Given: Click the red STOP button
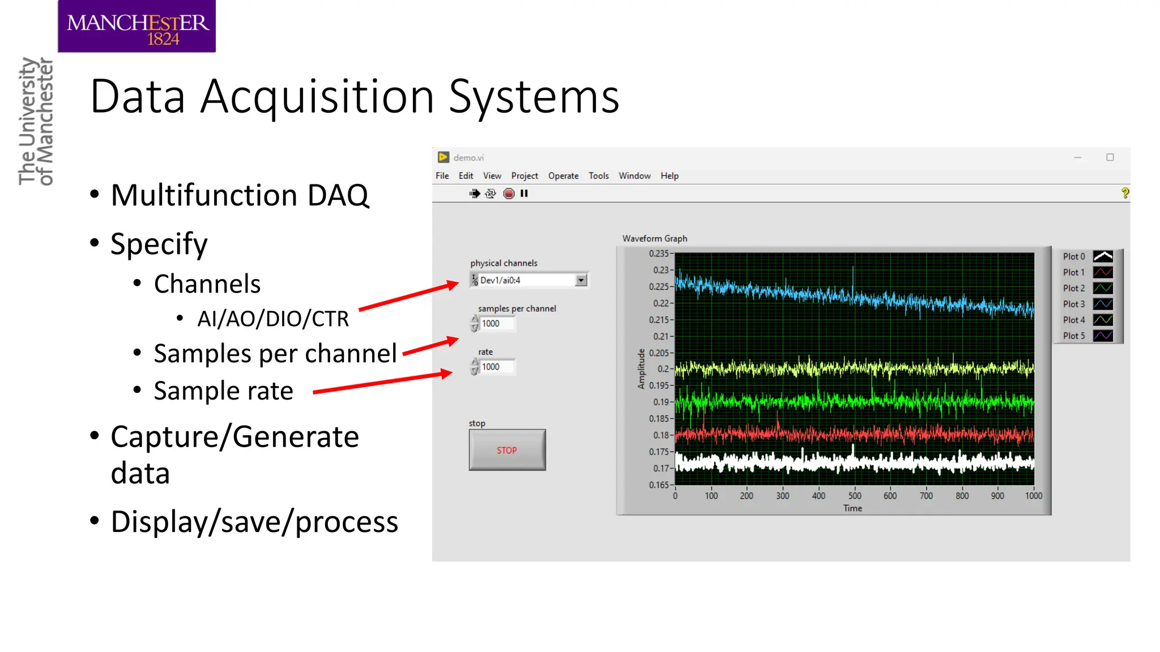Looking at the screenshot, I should click(x=507, y=450).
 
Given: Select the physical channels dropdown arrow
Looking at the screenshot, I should click(x=581, y=280).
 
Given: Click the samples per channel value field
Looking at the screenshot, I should click(x=497, y=324).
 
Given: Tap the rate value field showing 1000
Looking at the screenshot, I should click(x=497, y=367).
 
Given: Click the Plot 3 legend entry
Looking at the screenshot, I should click(x=1087, y=304).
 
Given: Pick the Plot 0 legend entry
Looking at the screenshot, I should click(x=1087, y=256).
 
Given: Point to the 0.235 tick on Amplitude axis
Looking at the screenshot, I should click(x=659, y=254).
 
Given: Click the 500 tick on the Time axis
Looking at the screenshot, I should click(x=854, y=496).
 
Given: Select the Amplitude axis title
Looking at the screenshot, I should click(x=641, y=368).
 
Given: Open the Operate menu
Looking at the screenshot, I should click(x=563, y=176).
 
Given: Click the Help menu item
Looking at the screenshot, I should click(x=669, y=176).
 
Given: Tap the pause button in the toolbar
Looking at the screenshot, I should click(x=524, y=194).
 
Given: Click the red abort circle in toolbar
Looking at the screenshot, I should click(x=509, y=194).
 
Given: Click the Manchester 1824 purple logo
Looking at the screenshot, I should click(x=137, y=27).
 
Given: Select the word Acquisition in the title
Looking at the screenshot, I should click(x=317, y=97).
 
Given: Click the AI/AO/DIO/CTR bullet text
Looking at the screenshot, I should click(x=272, y=319).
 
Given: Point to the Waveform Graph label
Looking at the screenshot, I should click(x=654, y=238).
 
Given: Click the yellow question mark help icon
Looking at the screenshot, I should click(x=1125, y=193).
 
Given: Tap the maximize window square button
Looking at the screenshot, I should click(x=1110, y=157).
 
